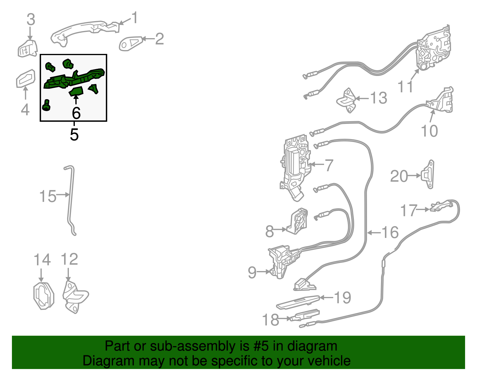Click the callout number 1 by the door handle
click(135, 18)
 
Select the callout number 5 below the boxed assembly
click(74, 134)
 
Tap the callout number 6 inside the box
click(76, 113)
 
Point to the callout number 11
click(405, 86)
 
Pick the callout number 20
click(399, 176)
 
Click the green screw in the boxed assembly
click(46, 105)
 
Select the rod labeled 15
click(70, 200)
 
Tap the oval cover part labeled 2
click(131, 43)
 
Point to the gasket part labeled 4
click(26, 78)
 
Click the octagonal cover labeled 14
click(44, 296)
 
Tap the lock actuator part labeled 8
click(297, 221)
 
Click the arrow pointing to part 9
click(263, 272)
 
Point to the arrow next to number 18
click(285, 318)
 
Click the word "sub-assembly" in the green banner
click(199, 347)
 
